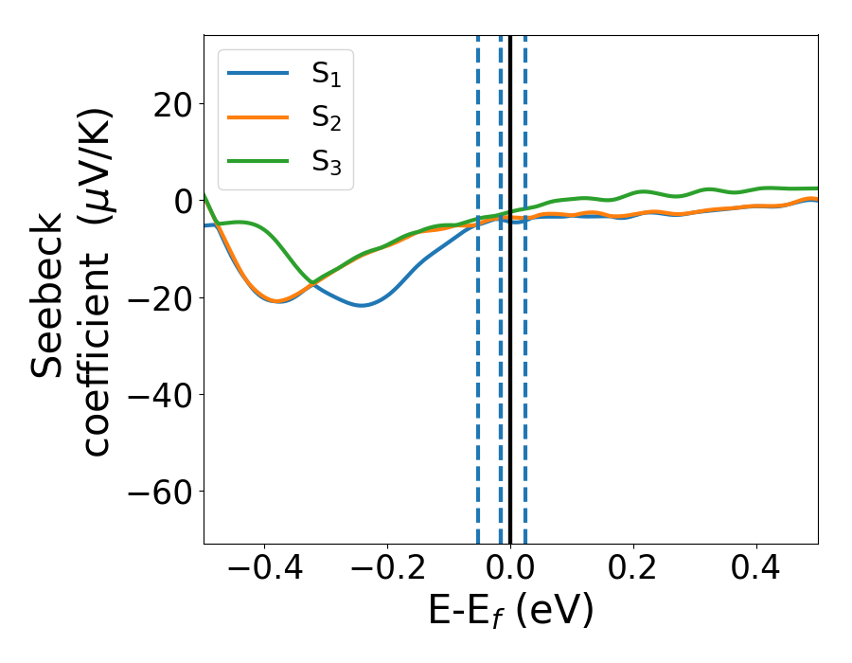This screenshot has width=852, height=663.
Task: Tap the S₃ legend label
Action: [326, 163]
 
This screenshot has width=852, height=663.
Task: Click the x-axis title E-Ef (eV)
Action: [510, 612]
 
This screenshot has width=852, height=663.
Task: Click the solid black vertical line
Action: [510, 379]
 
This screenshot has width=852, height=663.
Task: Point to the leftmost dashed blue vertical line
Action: [478, 379]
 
